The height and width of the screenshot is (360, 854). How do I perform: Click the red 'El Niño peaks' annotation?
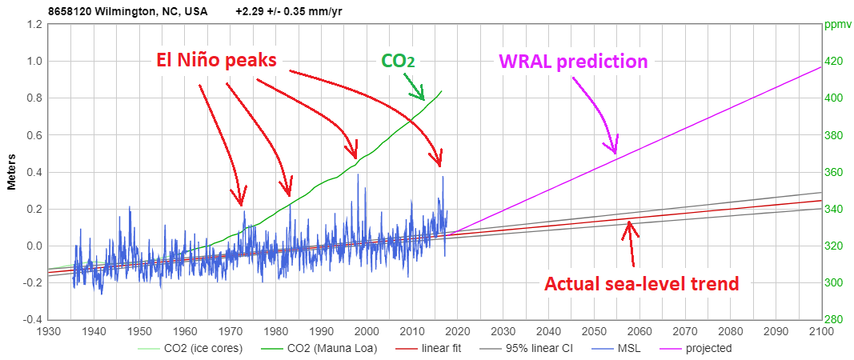(x=216, y=59)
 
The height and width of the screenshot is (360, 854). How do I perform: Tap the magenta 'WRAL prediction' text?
(x=572, y=61)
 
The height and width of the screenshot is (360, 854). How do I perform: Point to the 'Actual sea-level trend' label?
(x=640, y=283)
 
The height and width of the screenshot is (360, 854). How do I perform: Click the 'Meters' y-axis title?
(x=12, y=172)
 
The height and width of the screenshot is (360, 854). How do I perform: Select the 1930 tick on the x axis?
(x=49, y=331)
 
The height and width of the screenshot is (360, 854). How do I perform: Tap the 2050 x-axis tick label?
(x=594, y=331)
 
